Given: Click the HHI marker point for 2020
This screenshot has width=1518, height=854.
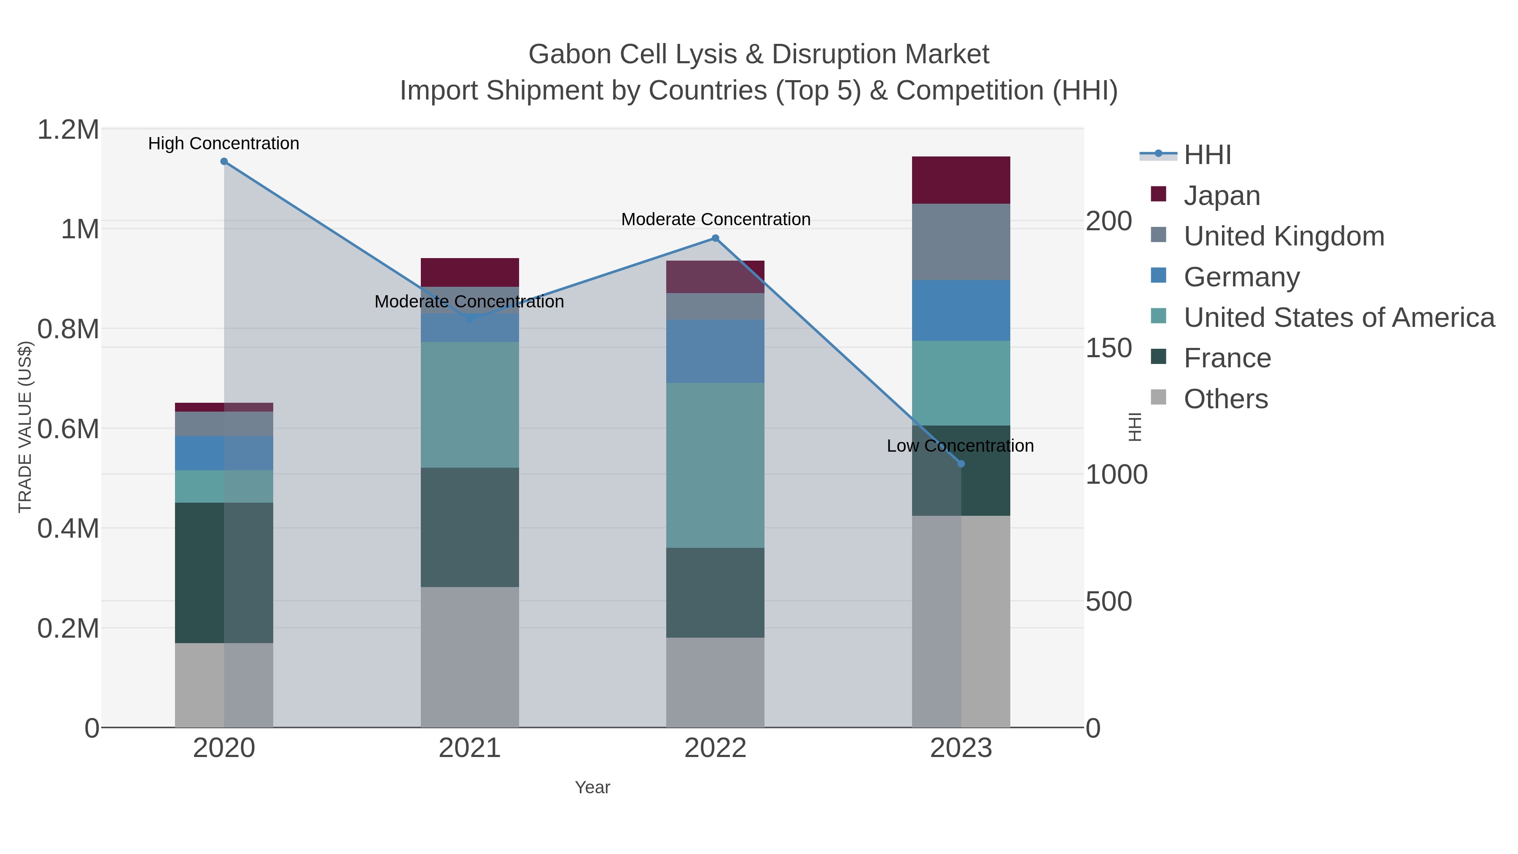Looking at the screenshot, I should [224, 162].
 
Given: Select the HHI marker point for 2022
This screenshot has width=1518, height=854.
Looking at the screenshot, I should [716, 238].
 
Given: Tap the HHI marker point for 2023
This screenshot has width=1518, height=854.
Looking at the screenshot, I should [961, 464].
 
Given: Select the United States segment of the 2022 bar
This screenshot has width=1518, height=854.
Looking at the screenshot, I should [716, 465].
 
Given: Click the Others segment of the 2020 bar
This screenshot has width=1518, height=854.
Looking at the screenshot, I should [224, 685].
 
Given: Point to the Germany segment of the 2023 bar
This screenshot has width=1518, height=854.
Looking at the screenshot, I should [961, 310].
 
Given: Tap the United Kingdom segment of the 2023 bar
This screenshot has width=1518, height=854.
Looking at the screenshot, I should [961, 242].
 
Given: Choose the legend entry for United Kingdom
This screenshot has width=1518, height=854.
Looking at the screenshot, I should [1284, 236].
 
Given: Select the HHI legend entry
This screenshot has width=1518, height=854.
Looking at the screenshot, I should [1207, 155].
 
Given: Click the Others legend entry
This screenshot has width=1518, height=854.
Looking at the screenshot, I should [1226, 399].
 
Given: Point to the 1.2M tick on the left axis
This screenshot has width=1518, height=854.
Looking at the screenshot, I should [68, 129].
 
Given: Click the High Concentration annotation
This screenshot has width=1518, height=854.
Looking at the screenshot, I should [224, 143].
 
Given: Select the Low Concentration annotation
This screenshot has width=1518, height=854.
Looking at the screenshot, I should [960, 446].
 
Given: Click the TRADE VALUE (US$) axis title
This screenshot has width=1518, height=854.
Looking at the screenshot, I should [25, 427].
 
